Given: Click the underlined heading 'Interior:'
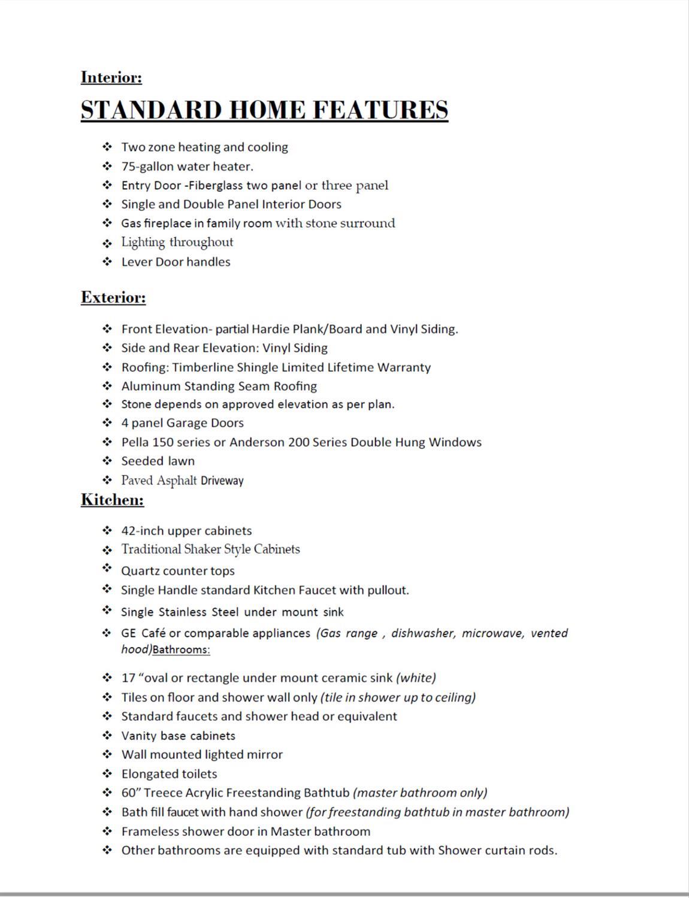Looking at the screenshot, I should pos(111,77).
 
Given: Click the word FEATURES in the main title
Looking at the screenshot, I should pos(380,110).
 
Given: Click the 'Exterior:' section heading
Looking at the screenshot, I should pos(113,298).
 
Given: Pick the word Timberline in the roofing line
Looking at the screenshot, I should pos(203,367).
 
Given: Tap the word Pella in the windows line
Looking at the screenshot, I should pos(135,443).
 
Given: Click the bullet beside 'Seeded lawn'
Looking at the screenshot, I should pos(107,461).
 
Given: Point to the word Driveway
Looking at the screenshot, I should pos(222,480).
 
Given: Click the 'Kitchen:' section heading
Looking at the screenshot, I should pos(113,500).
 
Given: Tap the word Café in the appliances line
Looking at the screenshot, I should pos(153,633).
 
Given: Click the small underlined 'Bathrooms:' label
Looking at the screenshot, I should pos(182,650).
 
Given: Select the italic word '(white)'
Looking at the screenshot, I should pos(416,678).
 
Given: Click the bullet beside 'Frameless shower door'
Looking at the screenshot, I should pos(107,831).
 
